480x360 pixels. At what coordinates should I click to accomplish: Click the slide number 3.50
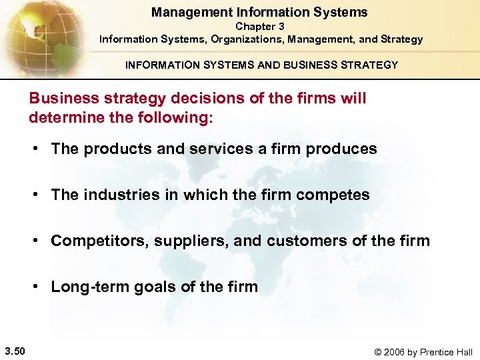(15, 351)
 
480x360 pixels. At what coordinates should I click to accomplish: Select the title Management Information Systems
(259, 12)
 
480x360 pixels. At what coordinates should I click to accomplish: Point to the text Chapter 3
(260, 26)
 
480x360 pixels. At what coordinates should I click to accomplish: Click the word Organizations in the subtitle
(242, 39)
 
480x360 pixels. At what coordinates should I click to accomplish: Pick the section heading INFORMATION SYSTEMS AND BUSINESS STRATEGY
(261, 65)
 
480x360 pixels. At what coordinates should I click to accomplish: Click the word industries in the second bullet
(113, 195)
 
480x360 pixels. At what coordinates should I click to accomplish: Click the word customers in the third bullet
(298, 241)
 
